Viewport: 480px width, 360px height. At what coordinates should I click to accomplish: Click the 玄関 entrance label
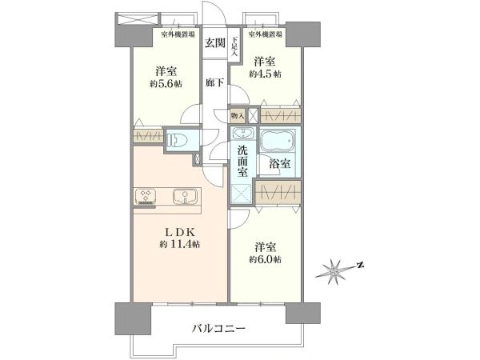tap(215, 43)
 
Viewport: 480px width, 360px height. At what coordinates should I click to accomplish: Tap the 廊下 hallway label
tap(214, 82)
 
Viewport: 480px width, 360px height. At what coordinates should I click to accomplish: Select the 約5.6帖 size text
tap(166, 83)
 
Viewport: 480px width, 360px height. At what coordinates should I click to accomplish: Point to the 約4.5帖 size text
tap(265, 74)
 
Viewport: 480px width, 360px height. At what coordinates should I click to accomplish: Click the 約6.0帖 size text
tap(265, 259)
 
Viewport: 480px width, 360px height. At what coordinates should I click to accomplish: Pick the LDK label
tap(180, 232)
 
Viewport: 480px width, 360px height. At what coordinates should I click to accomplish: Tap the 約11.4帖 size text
tap(180, 244)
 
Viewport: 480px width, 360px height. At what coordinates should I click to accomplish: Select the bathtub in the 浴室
tap(278, 141)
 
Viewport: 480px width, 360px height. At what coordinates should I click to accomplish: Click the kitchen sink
tap(185, 196)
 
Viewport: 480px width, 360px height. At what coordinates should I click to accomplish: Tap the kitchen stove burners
tap(146, 196)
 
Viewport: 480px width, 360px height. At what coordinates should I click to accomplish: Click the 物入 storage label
tap(238, 116)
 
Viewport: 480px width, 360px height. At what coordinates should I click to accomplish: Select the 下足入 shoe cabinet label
tap(234, 46)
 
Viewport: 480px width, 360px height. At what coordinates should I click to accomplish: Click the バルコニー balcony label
tap(219, 329)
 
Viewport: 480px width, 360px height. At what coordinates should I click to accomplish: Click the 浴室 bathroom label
tap(279, 163)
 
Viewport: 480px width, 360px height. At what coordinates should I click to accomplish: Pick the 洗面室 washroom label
tap(243, 161)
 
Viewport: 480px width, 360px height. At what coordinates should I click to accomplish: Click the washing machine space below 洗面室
tap(243, 194)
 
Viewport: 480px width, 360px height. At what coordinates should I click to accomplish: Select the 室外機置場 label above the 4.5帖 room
tap(265, 34)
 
